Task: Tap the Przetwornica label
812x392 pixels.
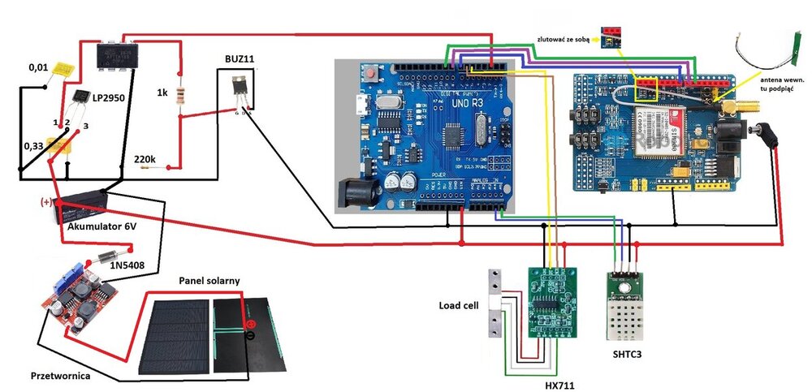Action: (x=62, y=376)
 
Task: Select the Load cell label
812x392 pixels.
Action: (x=456, y=306)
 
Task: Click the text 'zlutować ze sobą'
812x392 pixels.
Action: (x=566, y=37)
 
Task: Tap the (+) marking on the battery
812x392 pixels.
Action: (x=46, y=200)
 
